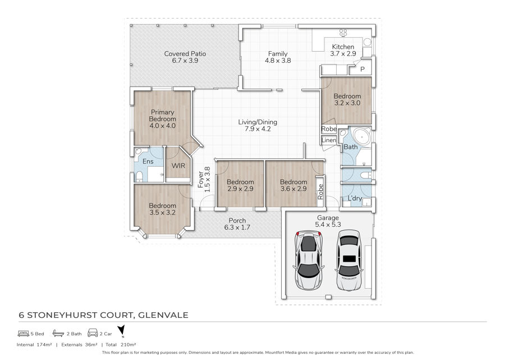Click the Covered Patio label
click(x=185, y=57)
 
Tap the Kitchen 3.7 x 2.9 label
click(x=343, y=51)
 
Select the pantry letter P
click(x=362, y=70)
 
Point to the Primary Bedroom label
click(x=163, y=119)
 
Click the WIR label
click(x=178, y=166)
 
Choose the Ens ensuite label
click(x=148, y=162)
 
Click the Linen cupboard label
click(x=329, y=140)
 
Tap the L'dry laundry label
click(x=355, y=198)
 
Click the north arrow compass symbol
click(x=121, y=331)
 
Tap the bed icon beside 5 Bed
click(x=24, y=333)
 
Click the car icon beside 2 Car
click(x=93, y=333)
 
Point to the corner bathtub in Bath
click(x=360, y=136)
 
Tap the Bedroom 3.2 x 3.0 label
click(x=347, y=100)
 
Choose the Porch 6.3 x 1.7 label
click(x=237, y=224)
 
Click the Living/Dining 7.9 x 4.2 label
click(x=258, y=126)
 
